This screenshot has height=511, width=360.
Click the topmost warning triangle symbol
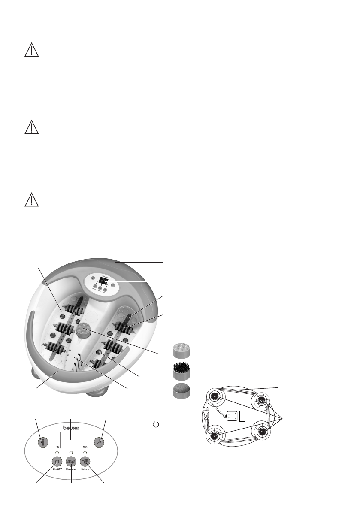[31, 51]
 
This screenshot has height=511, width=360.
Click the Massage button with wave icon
[71, 462]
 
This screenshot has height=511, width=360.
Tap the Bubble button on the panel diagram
[85, 462]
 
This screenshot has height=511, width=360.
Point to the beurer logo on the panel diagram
[71, 428]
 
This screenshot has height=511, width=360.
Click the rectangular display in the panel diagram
[71, 440]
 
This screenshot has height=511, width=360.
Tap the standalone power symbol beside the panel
[156, 424]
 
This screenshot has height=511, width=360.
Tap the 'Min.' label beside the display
[85, 447]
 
